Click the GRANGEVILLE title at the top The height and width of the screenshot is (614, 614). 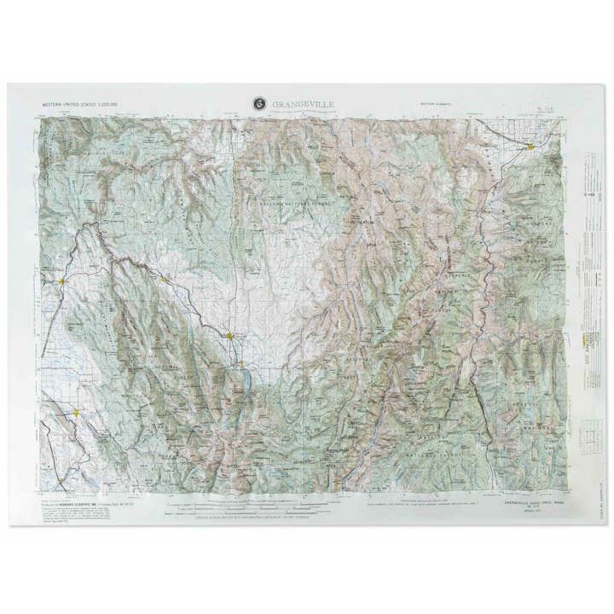pos(304,104)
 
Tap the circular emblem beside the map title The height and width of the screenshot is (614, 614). pos(259,104)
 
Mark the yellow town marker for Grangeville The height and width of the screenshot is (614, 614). pos(530,146)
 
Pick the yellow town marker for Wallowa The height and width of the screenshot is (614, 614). pos(165,279)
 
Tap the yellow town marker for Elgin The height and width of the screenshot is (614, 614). pos(61,281)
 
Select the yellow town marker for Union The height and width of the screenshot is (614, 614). pos(76,413)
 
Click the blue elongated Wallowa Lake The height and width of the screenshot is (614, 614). pos(245,374)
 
